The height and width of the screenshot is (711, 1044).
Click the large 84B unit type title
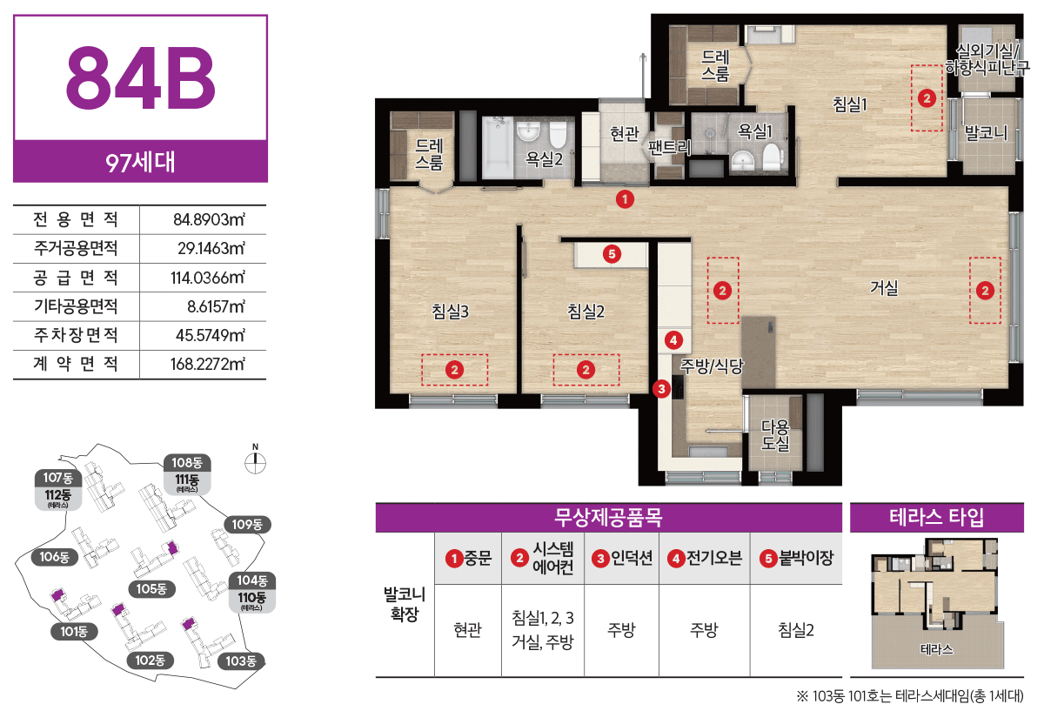(141, 77)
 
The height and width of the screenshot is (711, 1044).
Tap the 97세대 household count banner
(140, 162)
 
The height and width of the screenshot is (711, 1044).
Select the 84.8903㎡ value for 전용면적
(210, 219)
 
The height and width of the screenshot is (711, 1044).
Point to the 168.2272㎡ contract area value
(207, 364)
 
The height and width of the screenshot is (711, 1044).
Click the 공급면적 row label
(76, 278)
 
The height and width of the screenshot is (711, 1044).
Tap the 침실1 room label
(850, 104)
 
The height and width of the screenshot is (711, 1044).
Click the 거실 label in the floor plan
(884, 288)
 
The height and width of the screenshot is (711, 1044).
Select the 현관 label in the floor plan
(625, 133)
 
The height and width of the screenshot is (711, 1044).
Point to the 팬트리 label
(669, 147)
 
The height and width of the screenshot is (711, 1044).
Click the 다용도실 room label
(775, 435)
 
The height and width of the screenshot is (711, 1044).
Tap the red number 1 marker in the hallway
(625, 199)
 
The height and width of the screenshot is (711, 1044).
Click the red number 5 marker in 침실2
(612, 254)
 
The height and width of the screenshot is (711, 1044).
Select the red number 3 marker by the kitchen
(661, 389)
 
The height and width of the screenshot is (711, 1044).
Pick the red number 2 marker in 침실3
(454, 370)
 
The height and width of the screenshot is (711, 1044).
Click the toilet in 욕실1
(772, 156)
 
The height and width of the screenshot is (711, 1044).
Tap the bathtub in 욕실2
(498, 147)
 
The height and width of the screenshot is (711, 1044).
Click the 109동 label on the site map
(247, 525)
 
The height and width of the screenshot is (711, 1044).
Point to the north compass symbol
(256, 459)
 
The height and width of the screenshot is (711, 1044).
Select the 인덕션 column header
(622, 558)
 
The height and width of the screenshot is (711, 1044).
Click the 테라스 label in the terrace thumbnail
(936, 649)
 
